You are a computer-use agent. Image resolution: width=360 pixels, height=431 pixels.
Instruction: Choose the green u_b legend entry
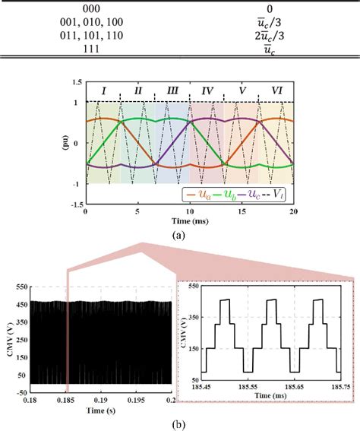click(x=226, y=195)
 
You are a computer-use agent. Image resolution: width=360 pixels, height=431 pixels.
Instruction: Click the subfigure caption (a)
click(x=179, y=236)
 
